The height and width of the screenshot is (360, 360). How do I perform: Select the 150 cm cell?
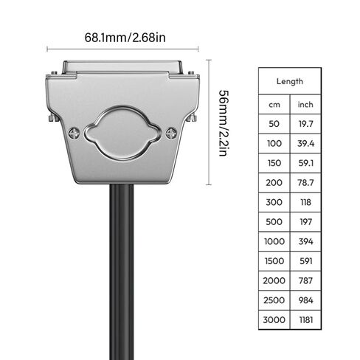click(x=274, y=162)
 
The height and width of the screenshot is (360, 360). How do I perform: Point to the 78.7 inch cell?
click(x=305, y=181)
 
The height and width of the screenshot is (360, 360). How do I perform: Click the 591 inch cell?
click(x=305, y=260)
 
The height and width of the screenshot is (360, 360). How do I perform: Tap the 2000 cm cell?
click(x=274, y=280)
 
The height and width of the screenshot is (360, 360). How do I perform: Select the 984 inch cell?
click(x=305, y=300)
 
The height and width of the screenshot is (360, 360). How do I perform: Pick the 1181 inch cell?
click(x=305, y=319)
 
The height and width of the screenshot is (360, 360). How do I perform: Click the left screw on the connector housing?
click(x=75, y=133)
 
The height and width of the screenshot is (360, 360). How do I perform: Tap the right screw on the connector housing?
click(x=171, y=133)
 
